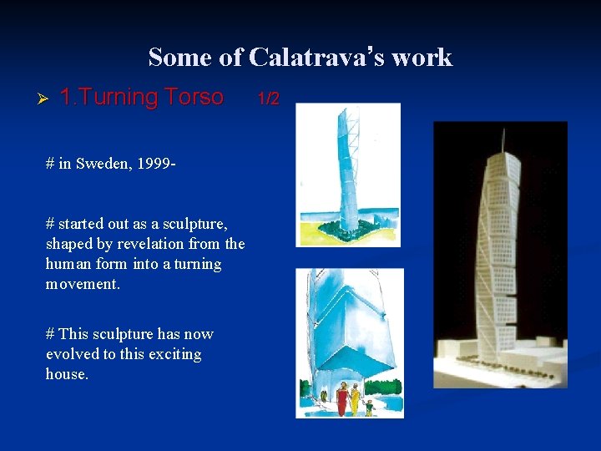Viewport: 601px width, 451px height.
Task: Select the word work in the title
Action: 422,57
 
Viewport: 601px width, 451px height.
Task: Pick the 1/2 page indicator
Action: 267,99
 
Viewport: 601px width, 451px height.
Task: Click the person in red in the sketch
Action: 341,399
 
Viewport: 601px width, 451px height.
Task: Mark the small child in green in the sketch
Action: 369,407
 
